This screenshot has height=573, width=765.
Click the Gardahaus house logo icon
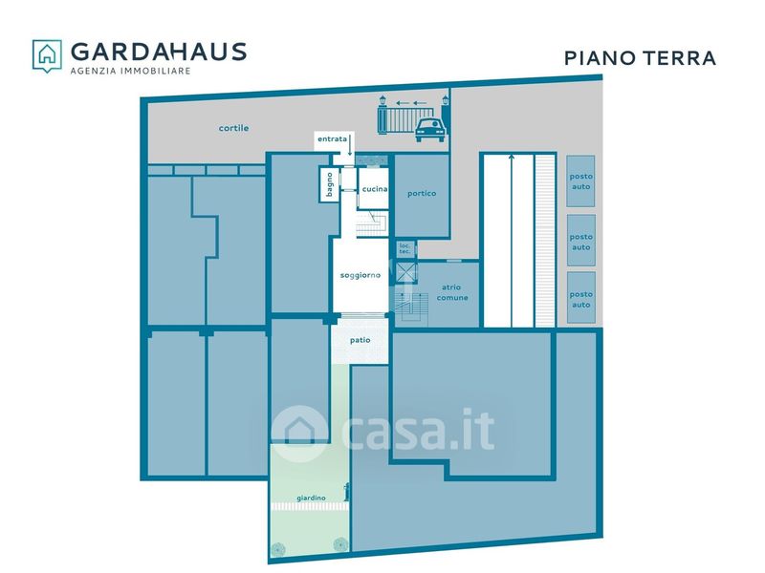[x=47, y=55]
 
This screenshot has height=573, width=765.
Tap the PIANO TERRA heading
[x=640, y=58]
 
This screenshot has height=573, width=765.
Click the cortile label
[x=233, y=128]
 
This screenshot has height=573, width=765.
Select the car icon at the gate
[x=429, y=130]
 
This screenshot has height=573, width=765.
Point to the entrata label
[x=332, y=138]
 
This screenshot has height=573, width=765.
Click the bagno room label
[x=329, y=184]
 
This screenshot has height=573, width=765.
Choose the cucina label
[x=375, y=189]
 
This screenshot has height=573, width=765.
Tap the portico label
[x=422, y=194]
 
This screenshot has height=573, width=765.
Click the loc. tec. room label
[x=404, y=249]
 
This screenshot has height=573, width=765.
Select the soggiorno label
[x=361, y=275]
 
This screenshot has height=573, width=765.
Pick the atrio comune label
[x=452, y=292]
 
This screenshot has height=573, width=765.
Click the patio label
[x=361, y=340]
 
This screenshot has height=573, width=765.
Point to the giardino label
[x=312, y=498]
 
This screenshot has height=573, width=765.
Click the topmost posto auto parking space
[x=580, y=181]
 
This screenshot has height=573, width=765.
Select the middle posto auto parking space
[x=581, y=241]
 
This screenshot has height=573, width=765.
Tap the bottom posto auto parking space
[x=581, y=298]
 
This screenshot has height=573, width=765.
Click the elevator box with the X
[x=406, y=272]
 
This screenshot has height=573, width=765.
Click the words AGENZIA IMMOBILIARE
[x=130, y=71]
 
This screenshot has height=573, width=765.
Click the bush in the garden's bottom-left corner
[x=278, y=549]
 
